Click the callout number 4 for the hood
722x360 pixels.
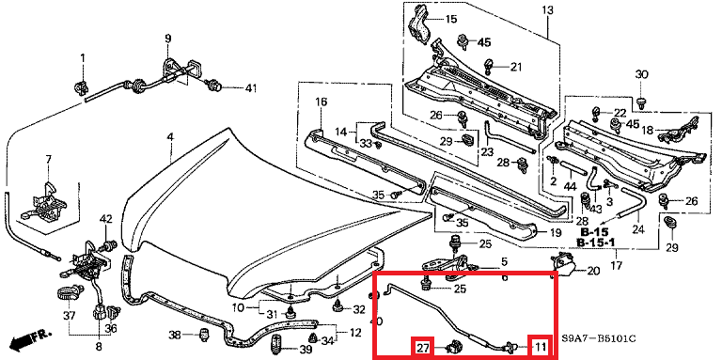[170, 137]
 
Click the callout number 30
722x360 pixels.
[642, 75]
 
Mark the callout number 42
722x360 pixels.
[105, 219]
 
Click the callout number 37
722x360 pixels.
[69, 315]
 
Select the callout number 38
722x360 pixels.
[175, 336]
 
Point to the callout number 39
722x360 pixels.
[306, 351]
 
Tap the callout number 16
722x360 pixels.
[320, 102]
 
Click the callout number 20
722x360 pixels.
[592, 272]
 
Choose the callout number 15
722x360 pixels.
[450, 19]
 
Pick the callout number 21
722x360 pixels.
[515, 66]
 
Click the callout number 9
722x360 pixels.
[168, 38]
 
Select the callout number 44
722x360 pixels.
[570, 188]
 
